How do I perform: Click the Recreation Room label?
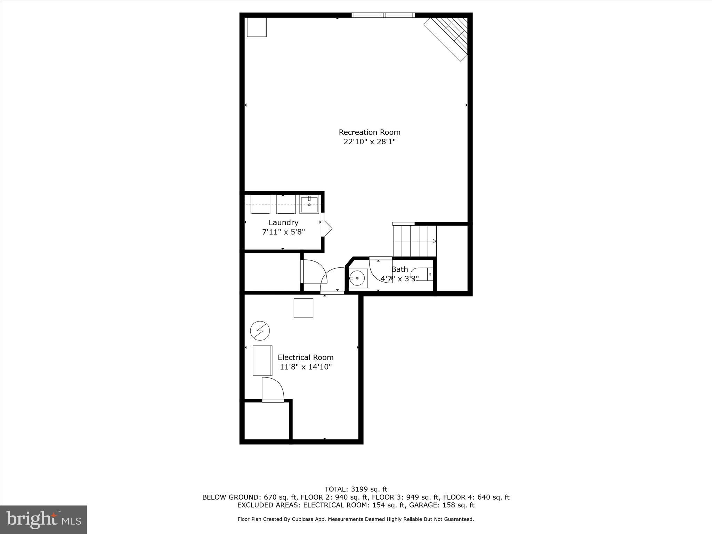[370, 132]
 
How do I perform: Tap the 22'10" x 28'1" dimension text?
[370, 142]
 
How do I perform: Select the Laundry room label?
[283, 222]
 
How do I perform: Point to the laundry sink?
[309, 205]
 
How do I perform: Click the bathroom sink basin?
[357, 278]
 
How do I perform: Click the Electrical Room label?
[306, 357]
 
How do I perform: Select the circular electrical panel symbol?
[260, 330]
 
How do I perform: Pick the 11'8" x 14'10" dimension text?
[306, 367]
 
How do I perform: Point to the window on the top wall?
[383, 15]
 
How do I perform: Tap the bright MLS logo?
[43, 519]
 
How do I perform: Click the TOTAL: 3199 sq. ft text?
[356, 489]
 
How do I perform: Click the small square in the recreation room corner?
[256, 27]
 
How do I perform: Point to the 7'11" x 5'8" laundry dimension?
[283, 232]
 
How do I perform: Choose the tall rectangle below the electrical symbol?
[262, 361]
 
